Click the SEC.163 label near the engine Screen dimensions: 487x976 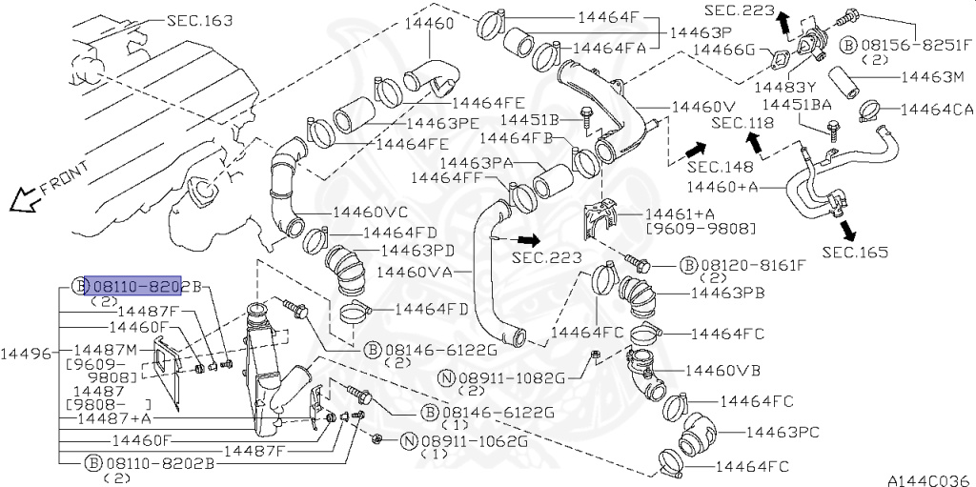[x=199, y=19]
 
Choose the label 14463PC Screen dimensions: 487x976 [x=782, y=433]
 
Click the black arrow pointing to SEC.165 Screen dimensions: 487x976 [x=844, y=230]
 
